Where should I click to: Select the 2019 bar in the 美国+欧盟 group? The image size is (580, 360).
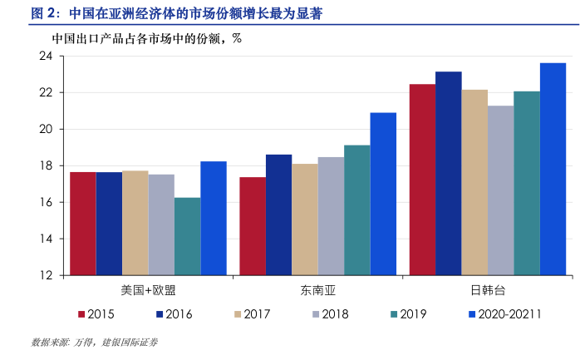click(187, 236)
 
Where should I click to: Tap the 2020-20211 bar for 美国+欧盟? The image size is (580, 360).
click(214, 218)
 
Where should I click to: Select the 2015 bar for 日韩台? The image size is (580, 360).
click(422, 180)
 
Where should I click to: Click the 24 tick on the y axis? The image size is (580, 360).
click(46, 56)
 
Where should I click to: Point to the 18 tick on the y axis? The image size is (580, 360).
click(46, 165)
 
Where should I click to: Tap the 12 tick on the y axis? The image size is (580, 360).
click(46, 275)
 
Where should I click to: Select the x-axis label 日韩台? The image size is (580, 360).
click(488, 290)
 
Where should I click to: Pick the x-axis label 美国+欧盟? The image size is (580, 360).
click(148, 290)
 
